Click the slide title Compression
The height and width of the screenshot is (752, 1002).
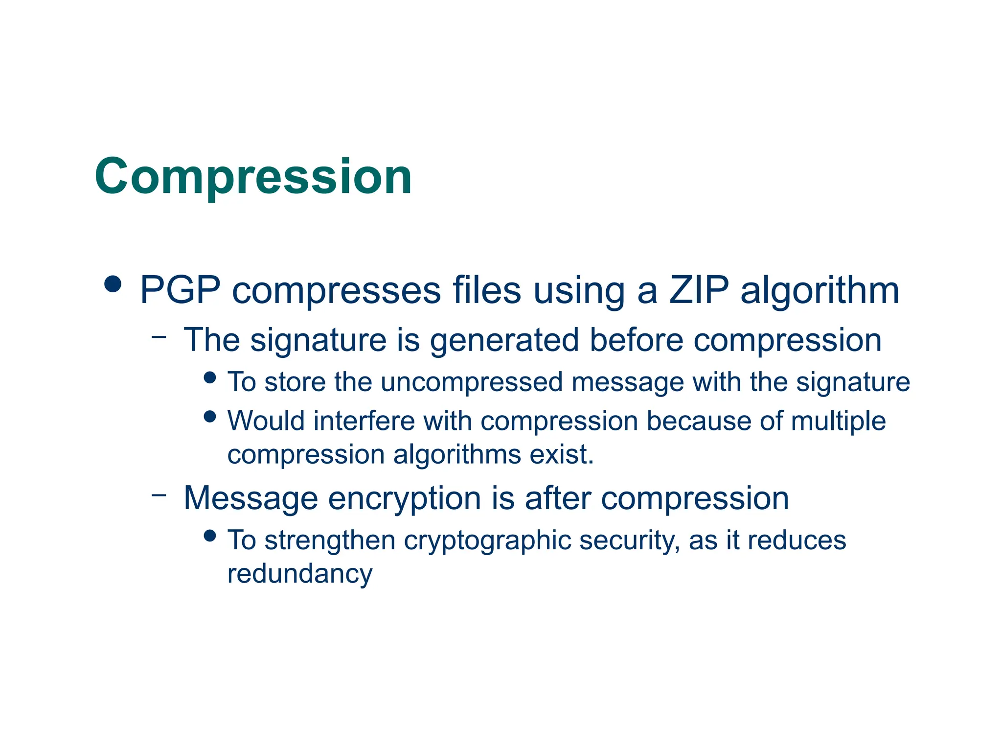pos(253,177)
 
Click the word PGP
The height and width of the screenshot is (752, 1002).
pos(180,291)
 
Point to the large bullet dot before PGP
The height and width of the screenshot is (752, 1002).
pos(113,284)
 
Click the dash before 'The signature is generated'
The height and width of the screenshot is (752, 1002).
pos(159,337)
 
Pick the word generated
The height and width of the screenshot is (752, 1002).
pos(504,341)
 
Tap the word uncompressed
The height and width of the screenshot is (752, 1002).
pos(472,382)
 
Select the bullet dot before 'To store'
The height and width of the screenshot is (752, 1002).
pos(210,377)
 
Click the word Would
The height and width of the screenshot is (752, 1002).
pos(266,421)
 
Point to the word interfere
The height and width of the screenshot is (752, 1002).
pos(364,421)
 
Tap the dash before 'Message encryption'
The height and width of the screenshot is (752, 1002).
pos(159,495)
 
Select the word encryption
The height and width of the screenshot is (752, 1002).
pos(405,499)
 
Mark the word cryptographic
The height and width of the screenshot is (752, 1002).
pos(488,541)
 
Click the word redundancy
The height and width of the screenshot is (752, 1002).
pos(300,574)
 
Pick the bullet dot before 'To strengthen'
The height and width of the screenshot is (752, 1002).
pos(210,536)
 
